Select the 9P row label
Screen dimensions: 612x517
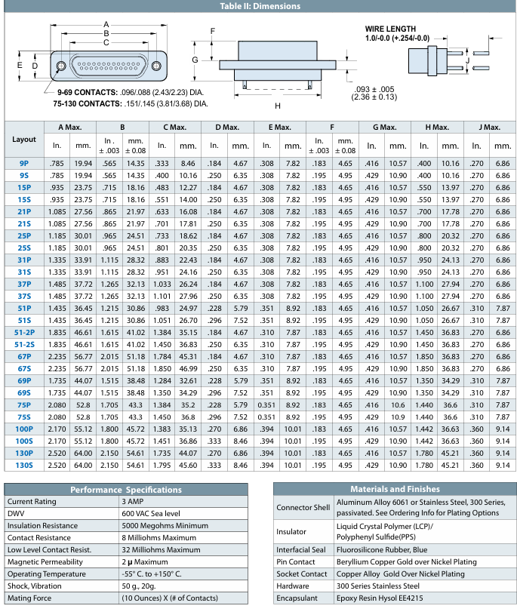click(24, 163)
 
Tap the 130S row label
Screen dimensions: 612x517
click(24, 466)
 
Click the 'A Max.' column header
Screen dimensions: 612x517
click(70, 128)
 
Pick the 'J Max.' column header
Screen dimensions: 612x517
click(491, 128)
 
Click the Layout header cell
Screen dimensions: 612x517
click(24, 139)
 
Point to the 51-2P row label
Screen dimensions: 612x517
click(24, 332)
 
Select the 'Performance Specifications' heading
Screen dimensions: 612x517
click(126, 489)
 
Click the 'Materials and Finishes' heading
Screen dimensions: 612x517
click(394, 489)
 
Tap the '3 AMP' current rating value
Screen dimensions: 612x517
click(134, 501)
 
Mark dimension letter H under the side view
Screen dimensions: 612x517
click(278, 106)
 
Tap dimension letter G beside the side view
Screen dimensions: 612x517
click(195, 59)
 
